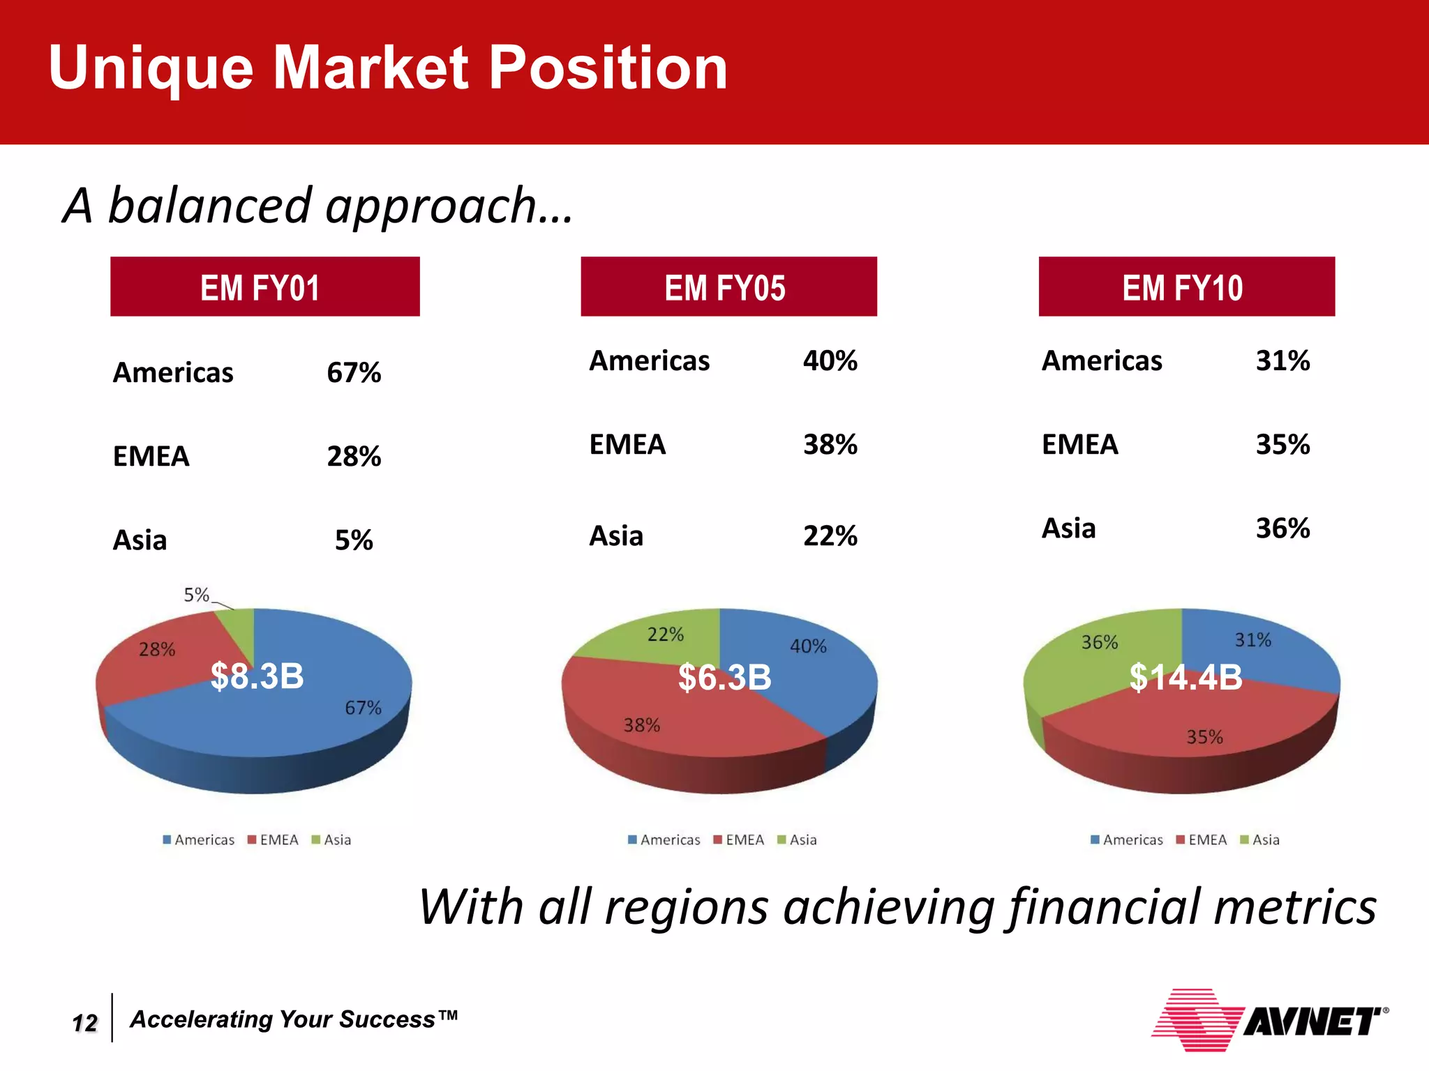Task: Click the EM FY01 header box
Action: click(264, 287)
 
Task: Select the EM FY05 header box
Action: click(728, 287)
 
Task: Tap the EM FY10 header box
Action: click(1186, 287)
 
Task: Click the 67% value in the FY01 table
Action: click(354, 373)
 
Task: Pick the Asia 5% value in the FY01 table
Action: click(354, 540)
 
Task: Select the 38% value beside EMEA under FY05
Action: click(830, 445)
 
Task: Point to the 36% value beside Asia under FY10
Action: click(1282, 529)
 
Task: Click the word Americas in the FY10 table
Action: click(1102, 361)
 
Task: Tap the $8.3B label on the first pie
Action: click(257, 676)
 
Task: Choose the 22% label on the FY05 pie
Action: click(665, 635)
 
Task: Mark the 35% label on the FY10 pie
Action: click(1204, 737)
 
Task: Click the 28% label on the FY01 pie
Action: click(157, 650)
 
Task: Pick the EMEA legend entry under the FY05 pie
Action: click(739, 840)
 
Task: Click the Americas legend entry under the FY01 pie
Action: click(199, 840)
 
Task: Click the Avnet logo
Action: click(1269, 1020)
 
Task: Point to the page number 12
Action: click(85, 1023)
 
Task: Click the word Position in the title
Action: click(608, 68)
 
